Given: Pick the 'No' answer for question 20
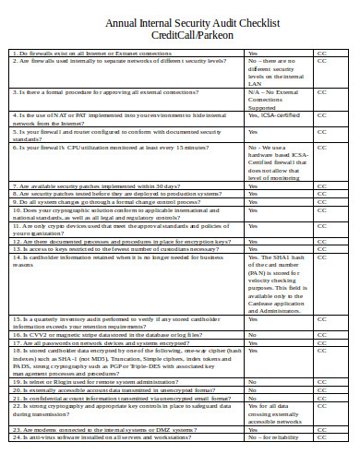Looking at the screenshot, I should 254,388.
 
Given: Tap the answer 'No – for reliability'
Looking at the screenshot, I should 273,436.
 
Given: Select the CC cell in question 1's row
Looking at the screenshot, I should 322,53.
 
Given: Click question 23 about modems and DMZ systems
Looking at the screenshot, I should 115,429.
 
